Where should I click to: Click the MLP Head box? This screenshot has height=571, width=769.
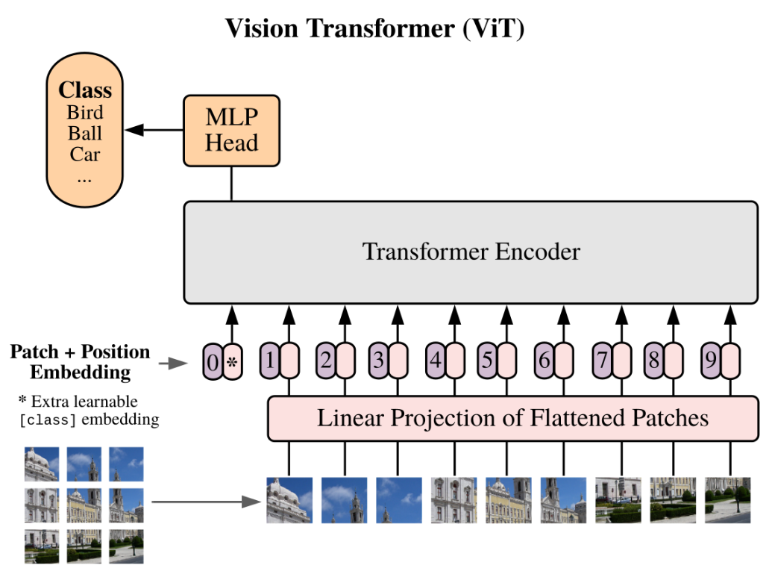pos(231,131)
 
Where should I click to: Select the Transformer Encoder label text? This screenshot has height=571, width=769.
pos(471,252)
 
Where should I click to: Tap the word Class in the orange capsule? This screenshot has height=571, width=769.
pos(85,90)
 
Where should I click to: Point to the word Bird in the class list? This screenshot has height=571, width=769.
pos(85,113)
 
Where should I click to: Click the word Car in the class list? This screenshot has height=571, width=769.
pos(85,155)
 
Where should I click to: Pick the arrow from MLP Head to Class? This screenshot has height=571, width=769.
pos(154,130)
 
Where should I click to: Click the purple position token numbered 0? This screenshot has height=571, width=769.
pos(213,361)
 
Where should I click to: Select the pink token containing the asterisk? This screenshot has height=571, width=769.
pos(233,361)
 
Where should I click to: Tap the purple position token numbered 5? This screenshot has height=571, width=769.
pos(487,361)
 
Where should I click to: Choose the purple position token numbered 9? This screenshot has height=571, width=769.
pos(711,361)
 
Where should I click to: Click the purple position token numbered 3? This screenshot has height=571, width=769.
pos(378,361)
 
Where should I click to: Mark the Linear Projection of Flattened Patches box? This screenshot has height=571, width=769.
pos(513,418)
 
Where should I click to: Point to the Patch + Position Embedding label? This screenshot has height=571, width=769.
pos(80,362)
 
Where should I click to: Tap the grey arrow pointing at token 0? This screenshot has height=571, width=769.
pos(173,363)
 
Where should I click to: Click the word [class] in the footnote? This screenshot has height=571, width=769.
pos(48,420)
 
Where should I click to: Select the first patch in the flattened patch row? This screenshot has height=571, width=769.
pos(289,500)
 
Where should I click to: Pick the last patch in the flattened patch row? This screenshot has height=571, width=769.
pos(728,500)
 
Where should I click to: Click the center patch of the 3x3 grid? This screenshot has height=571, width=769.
pos(84,505)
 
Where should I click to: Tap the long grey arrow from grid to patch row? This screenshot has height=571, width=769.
pos(206,502)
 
